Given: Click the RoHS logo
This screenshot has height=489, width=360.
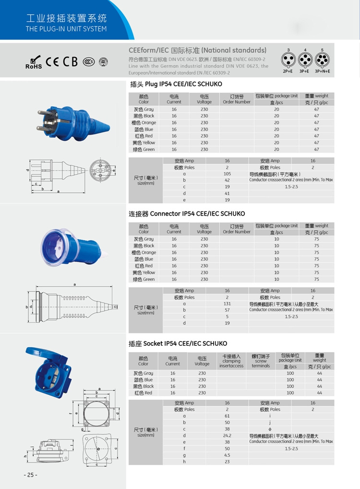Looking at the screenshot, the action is tap(33, 62).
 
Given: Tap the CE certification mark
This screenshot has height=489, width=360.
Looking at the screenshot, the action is tap(52, 62).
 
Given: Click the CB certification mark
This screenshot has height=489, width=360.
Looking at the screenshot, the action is tap(70, 61).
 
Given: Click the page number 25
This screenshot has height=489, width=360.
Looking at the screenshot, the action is tap(30, 475).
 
